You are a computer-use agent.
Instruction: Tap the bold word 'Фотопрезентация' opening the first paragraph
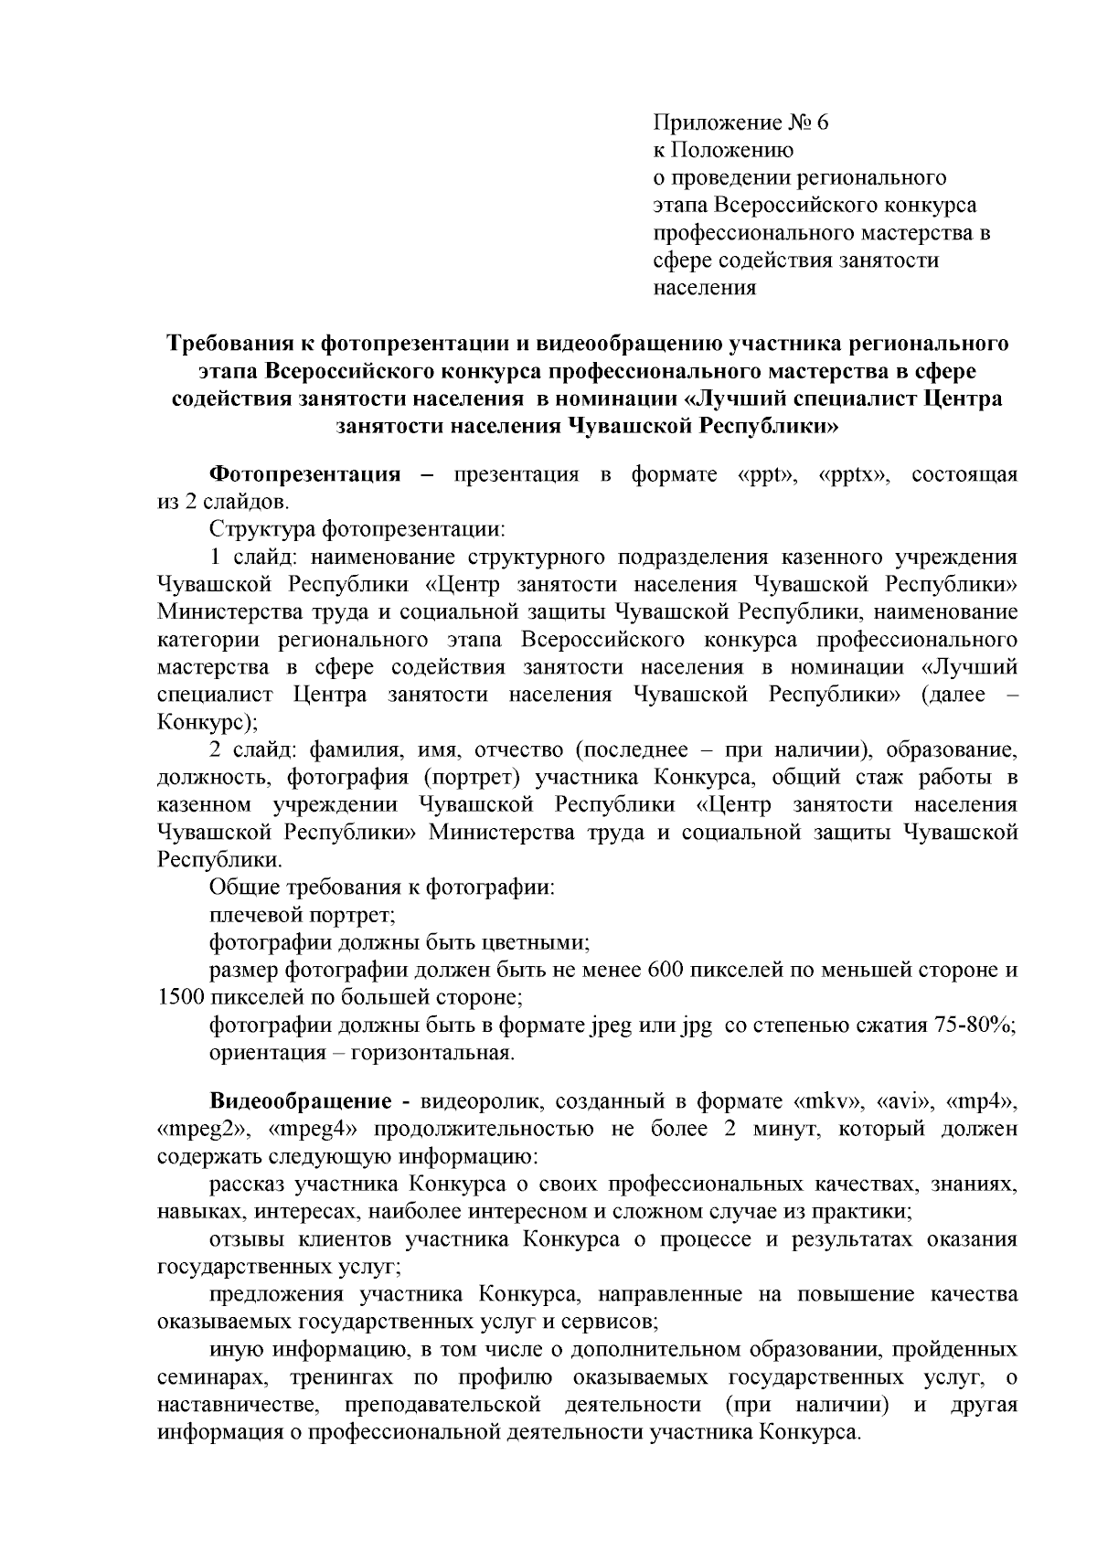tap(305, 474)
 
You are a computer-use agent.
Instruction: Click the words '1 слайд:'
tap(250, 557)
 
